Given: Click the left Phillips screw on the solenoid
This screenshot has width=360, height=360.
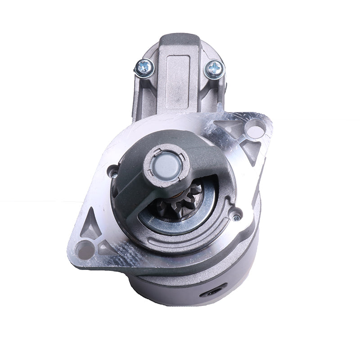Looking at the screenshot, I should pyautogui.click(x=145, y=68).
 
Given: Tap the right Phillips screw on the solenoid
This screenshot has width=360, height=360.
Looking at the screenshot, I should pyautogui.click(x=214, y=69).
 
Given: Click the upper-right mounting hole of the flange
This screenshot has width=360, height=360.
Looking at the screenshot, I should pyautogui.click(x=255, y=131).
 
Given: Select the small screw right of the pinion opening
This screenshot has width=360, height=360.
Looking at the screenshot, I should pyautogui.click(x=236, y=217).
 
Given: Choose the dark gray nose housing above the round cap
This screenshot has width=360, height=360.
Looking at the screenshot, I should pyautogui.click(x=189, y=144).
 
